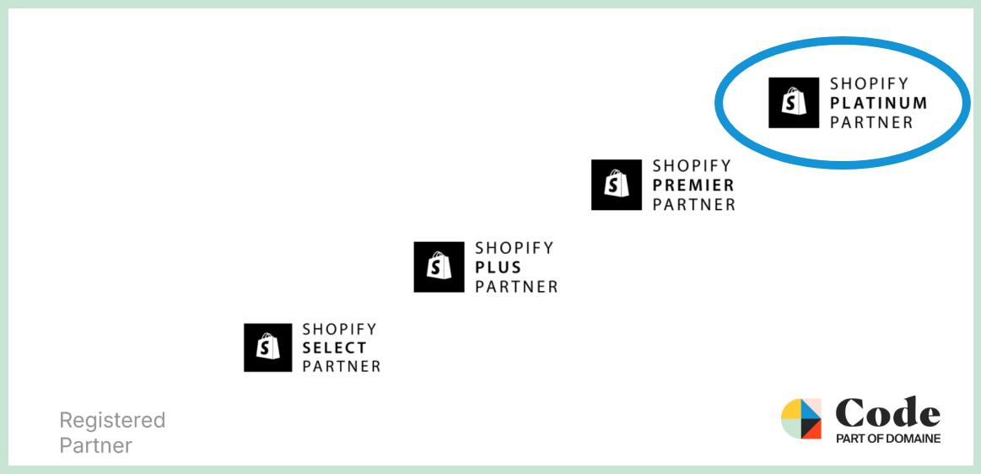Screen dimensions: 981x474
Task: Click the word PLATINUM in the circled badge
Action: [x=878, y=103]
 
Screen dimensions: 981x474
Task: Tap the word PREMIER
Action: [x=693, y=185]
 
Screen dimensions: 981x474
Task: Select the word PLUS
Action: [x=498, y=267]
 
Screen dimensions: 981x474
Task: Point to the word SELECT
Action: [x=335, y=347]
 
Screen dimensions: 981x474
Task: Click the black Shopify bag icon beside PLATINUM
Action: [x=793, y=103]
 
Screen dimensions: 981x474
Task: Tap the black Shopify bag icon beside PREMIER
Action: [x=617, y=185]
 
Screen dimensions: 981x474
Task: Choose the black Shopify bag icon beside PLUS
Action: [x=439, y=267]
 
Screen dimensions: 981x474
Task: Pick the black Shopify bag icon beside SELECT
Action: [x=267, y=347]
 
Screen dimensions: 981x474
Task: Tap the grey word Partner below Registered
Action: [x=95, y=446]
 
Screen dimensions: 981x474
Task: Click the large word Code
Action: [x=887, y=412]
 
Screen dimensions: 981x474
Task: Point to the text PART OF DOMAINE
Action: [x=888, y=439]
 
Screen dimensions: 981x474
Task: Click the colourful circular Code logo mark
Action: [x=800, y=418]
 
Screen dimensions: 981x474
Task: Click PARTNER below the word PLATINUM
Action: [x=871, y=122]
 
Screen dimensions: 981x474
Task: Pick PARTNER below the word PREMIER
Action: [x=694, y=204]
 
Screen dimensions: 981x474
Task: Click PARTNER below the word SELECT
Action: [x=342, y=366]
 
